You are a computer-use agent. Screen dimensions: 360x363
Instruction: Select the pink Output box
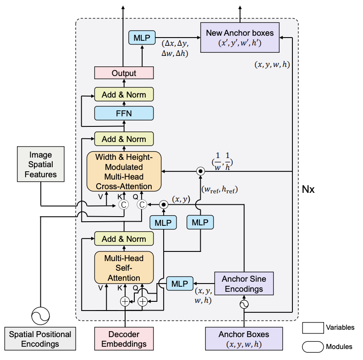coord(124,73)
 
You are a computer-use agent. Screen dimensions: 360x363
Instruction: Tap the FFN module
coord(124,113)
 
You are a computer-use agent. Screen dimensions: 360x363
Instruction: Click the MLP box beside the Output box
coord(143,37)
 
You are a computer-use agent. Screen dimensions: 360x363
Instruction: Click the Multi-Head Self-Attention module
coord(124,267)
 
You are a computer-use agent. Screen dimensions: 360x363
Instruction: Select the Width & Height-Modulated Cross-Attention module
coord(124,171)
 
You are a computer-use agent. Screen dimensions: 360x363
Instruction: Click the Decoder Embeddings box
coord(124,338)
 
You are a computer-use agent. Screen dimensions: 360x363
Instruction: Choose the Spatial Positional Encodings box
coord(40,339)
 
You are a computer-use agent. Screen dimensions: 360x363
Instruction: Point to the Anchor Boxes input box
coord(243,338)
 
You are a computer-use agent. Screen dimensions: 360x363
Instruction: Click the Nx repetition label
coord(308,189)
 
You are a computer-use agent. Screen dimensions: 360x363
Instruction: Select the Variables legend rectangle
coord(313,327)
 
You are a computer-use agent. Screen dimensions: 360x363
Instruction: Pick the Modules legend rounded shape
coord(313,346)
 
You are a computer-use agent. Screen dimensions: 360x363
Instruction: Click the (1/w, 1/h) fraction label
coord(222,162)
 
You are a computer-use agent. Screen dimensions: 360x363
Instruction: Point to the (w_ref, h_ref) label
coord(220,189)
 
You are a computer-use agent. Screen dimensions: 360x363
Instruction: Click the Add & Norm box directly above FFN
coord(124,95)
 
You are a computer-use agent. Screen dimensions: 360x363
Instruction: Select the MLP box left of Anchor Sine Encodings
coord(179,284)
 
